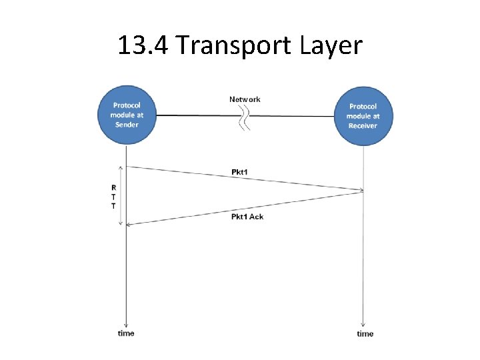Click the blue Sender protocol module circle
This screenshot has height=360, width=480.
127,115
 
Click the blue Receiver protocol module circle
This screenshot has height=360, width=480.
362,116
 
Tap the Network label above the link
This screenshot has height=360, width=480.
245,99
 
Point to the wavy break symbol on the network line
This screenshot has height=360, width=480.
246,117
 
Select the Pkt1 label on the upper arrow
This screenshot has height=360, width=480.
240,173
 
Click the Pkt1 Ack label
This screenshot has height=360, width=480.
247,217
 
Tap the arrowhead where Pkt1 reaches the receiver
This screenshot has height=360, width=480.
361,191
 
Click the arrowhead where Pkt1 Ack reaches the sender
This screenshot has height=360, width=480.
129,225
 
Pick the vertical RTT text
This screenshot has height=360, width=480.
113,197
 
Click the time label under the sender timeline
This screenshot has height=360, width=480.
126,333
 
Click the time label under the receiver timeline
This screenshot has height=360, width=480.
365,333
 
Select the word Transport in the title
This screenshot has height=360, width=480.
236,45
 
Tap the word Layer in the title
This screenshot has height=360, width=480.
331,45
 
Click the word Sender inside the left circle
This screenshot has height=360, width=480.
127,125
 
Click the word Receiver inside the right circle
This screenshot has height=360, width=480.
362,125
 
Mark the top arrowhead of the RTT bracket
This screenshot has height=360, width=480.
121,167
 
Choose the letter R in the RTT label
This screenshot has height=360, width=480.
113,187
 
